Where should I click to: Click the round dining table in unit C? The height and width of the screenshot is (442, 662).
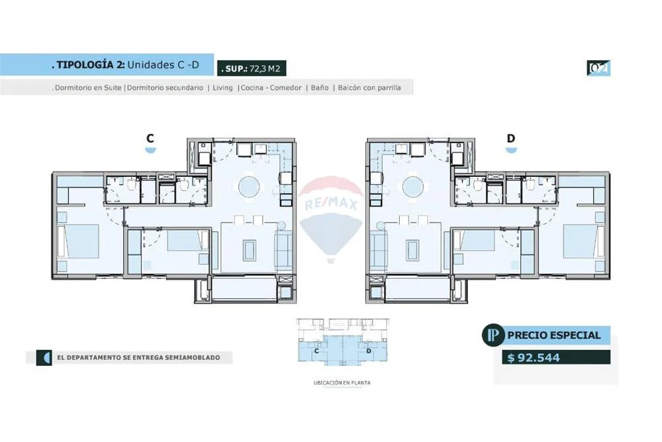[249, 187]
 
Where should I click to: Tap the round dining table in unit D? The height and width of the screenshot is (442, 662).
[413, 187]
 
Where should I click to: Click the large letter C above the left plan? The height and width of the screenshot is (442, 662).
[150, 138]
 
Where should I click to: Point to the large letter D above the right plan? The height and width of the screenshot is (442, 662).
[511, 138]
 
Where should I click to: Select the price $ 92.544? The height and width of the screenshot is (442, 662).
[533, 357]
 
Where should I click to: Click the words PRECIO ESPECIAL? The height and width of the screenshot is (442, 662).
[553, 335]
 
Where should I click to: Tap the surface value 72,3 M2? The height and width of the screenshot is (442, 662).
[265, 68]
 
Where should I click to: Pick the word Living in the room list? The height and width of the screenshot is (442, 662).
[222, 87]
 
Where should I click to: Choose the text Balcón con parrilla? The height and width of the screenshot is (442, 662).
[369, 87]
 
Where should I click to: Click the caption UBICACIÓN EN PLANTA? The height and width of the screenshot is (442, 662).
[342, 383]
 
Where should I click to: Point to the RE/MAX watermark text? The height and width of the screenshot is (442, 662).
[331, 205]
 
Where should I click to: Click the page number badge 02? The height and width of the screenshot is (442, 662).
[598, 68]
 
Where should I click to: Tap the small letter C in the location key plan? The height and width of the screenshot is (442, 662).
[316, 351]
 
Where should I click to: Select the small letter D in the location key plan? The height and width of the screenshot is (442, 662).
[369, 351]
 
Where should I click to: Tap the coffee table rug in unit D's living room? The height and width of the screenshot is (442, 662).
[412, 250]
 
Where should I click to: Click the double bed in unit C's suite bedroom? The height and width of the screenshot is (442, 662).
[82, 241]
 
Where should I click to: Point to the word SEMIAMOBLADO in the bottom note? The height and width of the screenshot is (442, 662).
[192, 357]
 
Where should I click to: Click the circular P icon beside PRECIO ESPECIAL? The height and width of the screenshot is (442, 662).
[493, 335]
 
